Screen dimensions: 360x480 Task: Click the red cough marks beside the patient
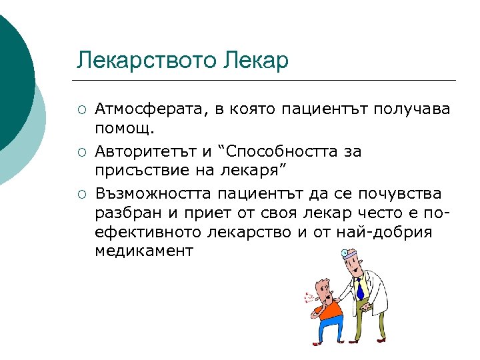pos(307,298)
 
